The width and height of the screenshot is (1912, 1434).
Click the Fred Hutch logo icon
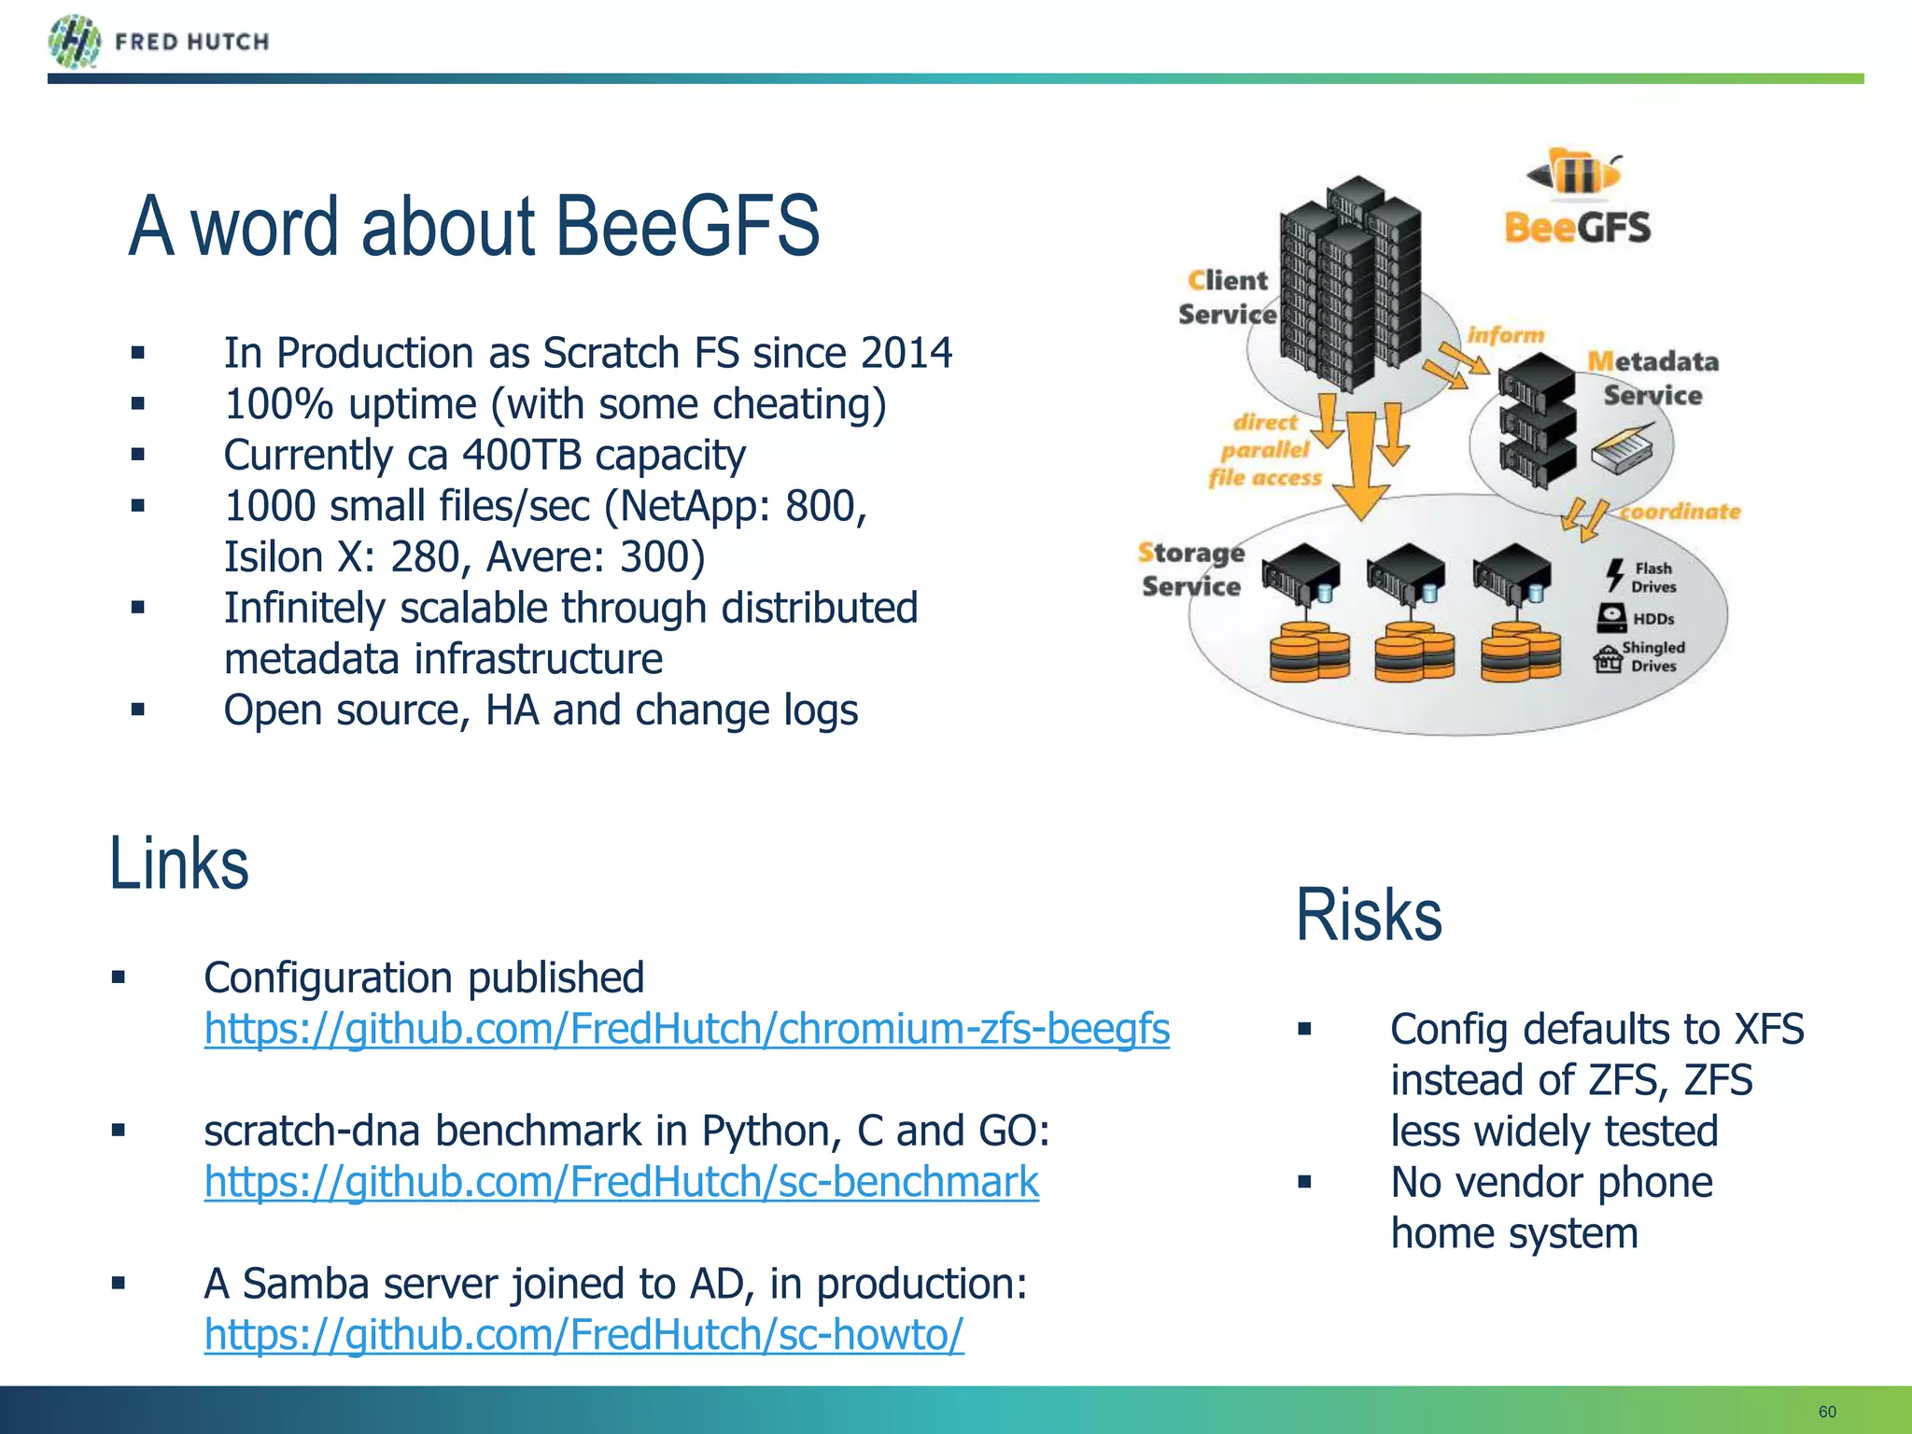[x=74, y=42]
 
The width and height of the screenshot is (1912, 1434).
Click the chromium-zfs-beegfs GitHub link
[x=686, y=1029]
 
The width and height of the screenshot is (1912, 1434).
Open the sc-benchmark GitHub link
[x=621, y=1182]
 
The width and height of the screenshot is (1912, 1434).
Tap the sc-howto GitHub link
[x=583, y=1335]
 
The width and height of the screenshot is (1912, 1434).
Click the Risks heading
[x=1368, y=915]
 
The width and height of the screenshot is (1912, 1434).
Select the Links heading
[x=178, y=864]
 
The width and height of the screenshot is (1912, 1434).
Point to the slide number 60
[x=1827, y=1412]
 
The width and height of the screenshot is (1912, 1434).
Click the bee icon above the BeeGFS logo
[x=1575, y=173]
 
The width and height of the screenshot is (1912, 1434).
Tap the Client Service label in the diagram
[x=1227, y=297]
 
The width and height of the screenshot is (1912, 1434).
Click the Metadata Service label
[x=1652, y=378]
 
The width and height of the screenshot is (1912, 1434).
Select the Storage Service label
[x=1191, y=569]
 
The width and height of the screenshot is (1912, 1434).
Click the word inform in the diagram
[x=1505, y=334]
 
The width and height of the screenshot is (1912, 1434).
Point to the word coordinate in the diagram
[x=1680, y=512]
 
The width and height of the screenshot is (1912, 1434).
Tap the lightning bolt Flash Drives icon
[x=1614, y=575]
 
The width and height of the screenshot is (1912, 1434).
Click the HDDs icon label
[x=1652, y=619]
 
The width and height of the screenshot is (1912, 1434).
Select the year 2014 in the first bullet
[x=906, y=354]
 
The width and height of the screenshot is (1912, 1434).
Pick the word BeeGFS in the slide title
[x=686, y=226]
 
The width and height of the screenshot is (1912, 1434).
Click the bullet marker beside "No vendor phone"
[x=1304, y=1183]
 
